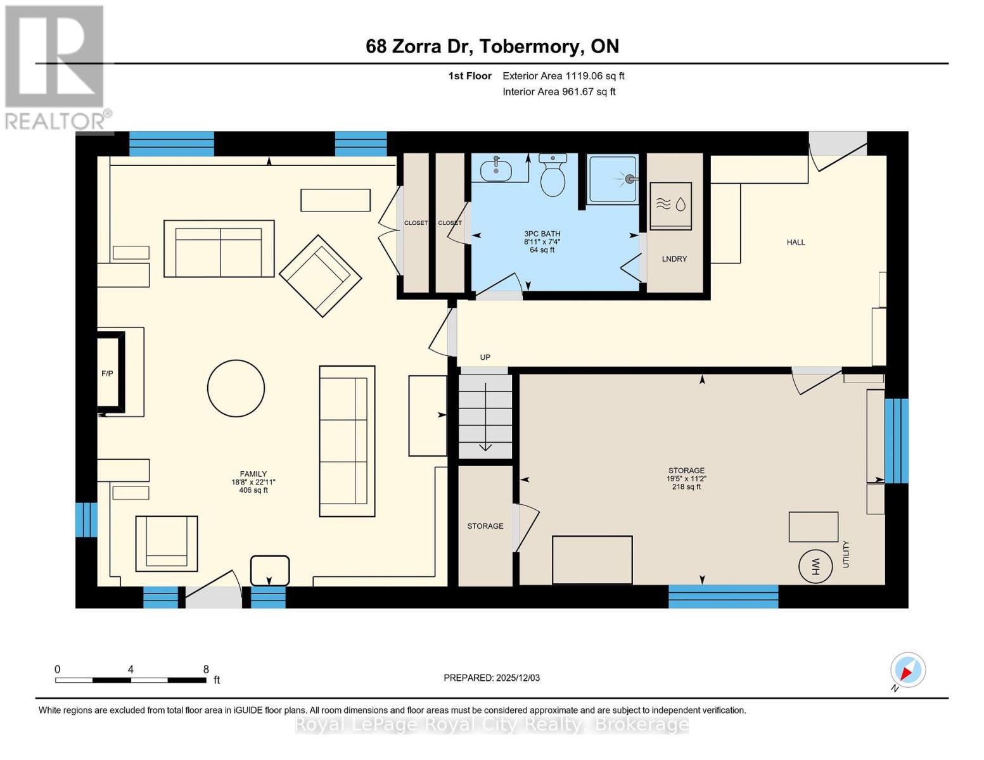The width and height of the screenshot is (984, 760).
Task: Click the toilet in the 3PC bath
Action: (x=553, y=176)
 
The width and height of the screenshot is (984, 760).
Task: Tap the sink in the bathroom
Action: (x=496, y=170)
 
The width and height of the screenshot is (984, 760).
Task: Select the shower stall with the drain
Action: (x=613, y=180)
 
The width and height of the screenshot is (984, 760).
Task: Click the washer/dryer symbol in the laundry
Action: (x=670, y=206)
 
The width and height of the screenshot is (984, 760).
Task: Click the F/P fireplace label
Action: (x=107, y=374)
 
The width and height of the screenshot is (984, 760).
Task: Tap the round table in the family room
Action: (x=236, y=388)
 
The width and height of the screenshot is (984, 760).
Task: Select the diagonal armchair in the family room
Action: (x=320, y=275)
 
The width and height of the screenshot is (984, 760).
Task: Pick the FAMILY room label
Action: (x=253, y=474)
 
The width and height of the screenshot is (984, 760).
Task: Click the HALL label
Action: (x=796, y=242)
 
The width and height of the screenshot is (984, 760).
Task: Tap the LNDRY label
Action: (x=674, y=259)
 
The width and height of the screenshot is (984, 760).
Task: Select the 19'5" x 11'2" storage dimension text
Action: (x=686, y=479)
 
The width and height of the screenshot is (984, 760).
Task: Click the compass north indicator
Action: (x=907, y=670)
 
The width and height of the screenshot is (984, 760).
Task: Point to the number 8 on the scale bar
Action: (x=206, y=669)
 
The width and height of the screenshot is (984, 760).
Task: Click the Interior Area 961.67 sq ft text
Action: (x=559, y=92)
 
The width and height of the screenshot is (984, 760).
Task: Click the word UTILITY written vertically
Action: (x=846, y=554)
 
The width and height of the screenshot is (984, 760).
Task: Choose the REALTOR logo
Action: (x=56, y=67)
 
